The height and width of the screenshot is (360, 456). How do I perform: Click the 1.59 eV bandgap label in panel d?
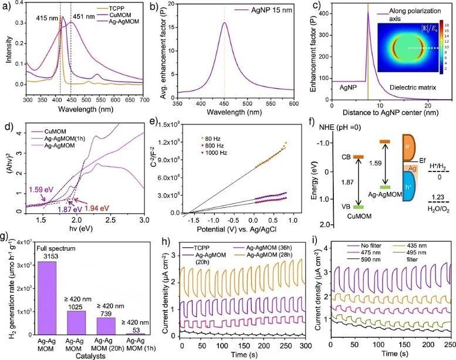click(x=40, y=190)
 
